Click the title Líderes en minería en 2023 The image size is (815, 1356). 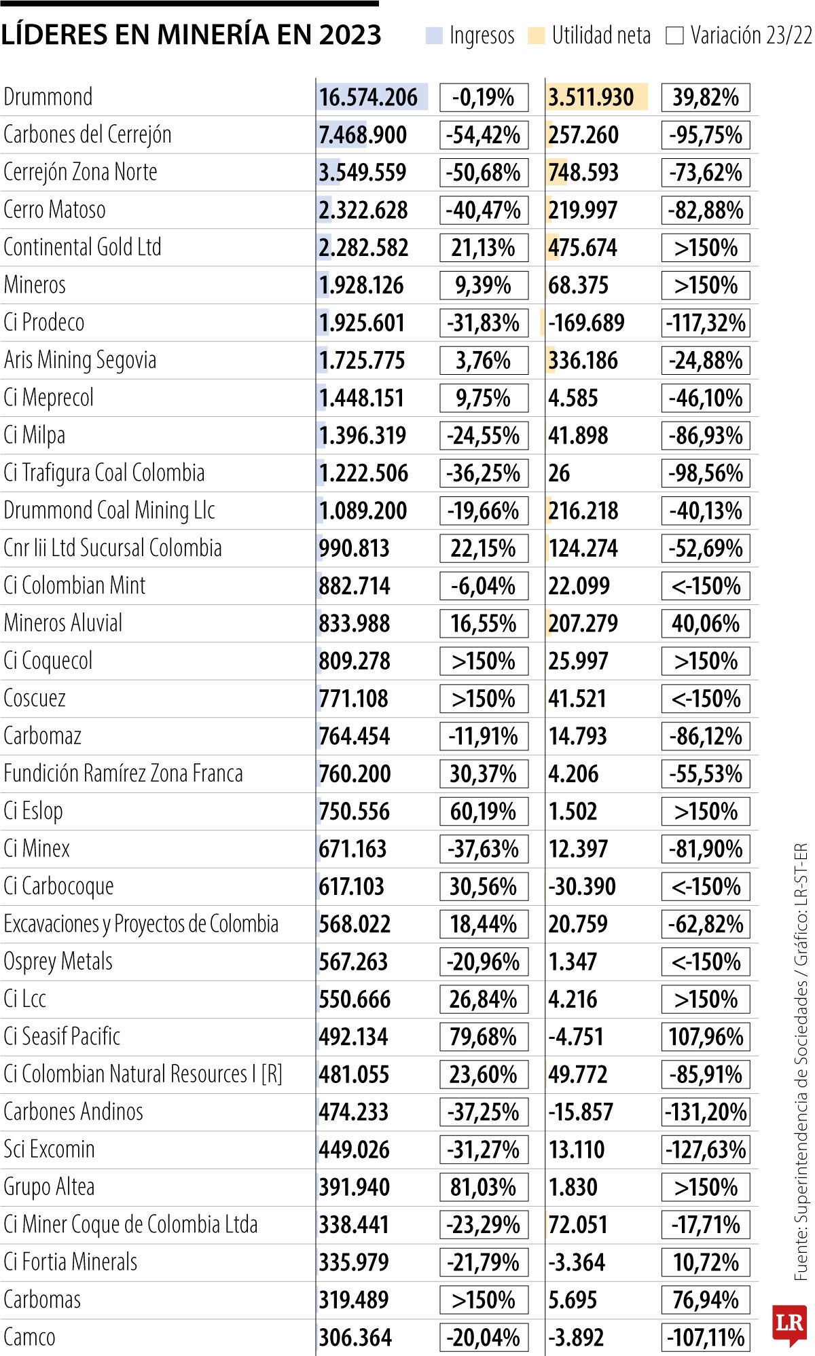point(191,35)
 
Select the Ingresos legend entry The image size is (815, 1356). point(470,35)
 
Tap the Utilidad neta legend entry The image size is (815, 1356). point(590,35)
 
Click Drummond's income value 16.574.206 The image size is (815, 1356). point(368,98)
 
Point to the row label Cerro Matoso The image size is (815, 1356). point(54,210)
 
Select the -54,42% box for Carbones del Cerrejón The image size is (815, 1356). point(484,135)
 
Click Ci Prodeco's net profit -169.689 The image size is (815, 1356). point(586,323)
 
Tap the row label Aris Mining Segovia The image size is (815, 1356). point(79,361)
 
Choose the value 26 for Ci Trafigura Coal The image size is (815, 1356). point(559,473)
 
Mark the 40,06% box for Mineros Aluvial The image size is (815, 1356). point(705,623)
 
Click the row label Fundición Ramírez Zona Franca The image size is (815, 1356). point(123,773)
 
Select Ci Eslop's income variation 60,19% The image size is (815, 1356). point(484,811)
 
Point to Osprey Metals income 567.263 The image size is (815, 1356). point(353,961)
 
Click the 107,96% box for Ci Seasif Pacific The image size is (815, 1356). point(705,1037)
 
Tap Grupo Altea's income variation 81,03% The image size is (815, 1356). point(484,1187)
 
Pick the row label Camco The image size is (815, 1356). point(31,1337)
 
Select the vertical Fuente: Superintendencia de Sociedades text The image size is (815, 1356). point(801,1063)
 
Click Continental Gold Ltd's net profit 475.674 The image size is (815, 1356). point(583,248)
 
